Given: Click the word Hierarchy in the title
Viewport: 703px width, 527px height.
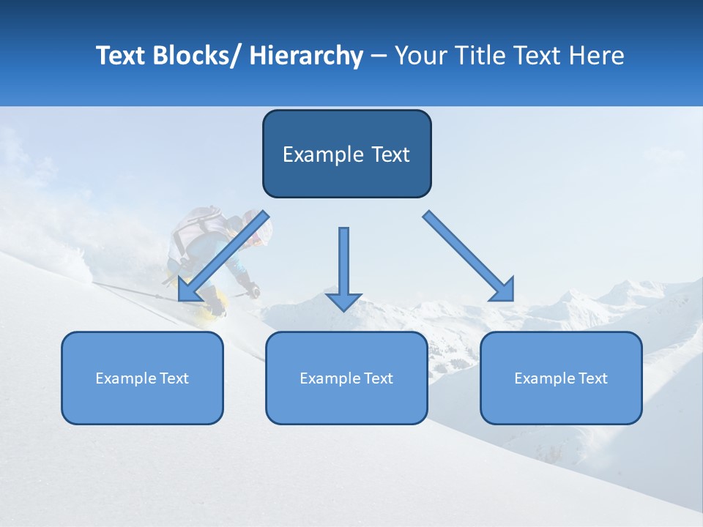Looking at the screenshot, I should point(306,56).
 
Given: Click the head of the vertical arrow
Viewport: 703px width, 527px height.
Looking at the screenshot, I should point(343,302).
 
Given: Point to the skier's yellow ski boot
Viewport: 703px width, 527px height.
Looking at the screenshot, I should point(212,307).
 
